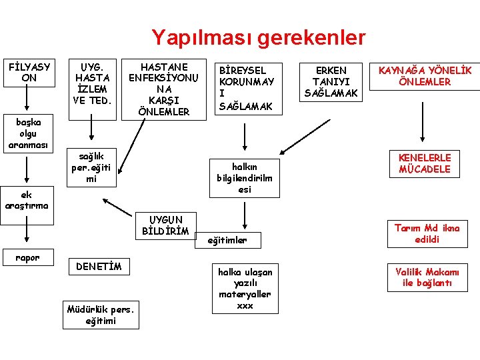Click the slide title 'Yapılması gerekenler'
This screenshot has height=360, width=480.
[x=258, y=37]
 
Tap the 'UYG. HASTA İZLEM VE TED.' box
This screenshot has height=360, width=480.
[x=93, y=84]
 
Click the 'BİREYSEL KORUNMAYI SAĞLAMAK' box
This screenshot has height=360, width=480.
[x=246, y=88]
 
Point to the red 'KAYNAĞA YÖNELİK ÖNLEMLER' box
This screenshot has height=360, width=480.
[x=424, y=76]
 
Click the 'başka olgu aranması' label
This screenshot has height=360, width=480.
[x=25, y=133]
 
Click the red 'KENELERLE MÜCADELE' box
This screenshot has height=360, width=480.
[x=425, y=163]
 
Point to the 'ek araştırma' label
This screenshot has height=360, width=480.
[x=26, y=200]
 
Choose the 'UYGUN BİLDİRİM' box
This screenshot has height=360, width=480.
[x=165, y=225]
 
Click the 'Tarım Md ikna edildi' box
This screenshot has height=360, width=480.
[x=426, y=233]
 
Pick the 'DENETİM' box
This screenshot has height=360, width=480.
[x=99, y=267]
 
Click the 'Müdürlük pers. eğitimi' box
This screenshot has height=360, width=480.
[x=101, y=315]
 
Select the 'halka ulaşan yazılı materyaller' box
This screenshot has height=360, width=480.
[x=245, y=289]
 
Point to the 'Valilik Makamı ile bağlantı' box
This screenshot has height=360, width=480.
[x=426, y=277]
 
